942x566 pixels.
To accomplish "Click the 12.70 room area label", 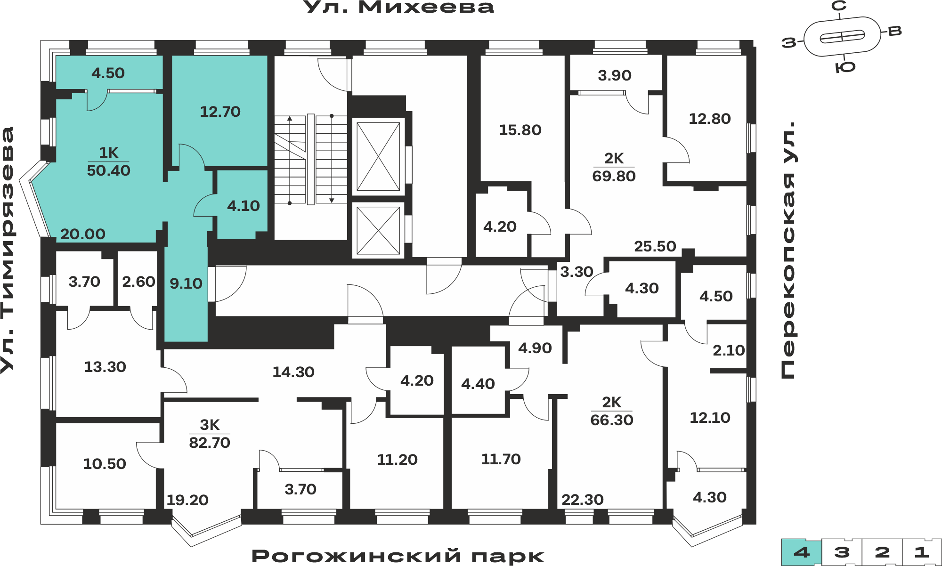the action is coord(220,112).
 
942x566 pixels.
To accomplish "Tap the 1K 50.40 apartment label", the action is coord(108,162).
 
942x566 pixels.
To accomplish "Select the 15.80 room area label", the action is coord(520,130).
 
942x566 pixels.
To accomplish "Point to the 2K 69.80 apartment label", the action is coord(614,167).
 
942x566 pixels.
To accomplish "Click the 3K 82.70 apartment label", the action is coord(210,434).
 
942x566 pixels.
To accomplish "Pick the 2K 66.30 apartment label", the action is coord(612,411).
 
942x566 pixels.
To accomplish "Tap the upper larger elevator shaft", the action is coord(378,156).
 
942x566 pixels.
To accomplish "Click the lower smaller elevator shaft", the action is coord(378,230).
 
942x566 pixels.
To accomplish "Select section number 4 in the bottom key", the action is coord(802,552).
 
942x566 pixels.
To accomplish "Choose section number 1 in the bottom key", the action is coord(921,552).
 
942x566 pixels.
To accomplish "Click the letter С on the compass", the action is coord(839,6).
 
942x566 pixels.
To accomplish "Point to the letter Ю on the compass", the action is coord(845,67).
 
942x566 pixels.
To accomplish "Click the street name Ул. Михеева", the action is coord(398,7).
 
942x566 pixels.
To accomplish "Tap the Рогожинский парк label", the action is coord(398,556).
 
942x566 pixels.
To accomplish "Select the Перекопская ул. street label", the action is coord(788,250).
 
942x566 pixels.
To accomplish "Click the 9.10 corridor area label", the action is coord(186,283).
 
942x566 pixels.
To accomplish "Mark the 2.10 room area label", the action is coord(729,350).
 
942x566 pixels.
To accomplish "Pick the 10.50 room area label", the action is coord(105,464).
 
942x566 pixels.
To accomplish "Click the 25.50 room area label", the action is coord(655,246).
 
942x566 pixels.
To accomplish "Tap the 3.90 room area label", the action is coord(614,75).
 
